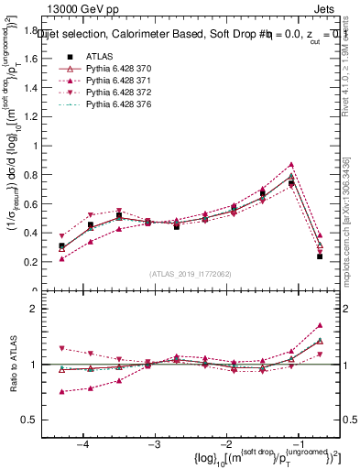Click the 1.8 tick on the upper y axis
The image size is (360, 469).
click(37, 30)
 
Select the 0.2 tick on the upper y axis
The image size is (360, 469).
click(37, 262)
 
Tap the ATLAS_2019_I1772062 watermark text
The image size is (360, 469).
click(190, 274)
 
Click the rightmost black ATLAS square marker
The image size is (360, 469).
click(320, 256)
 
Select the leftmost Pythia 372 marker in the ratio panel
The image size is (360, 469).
click(61, 348)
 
